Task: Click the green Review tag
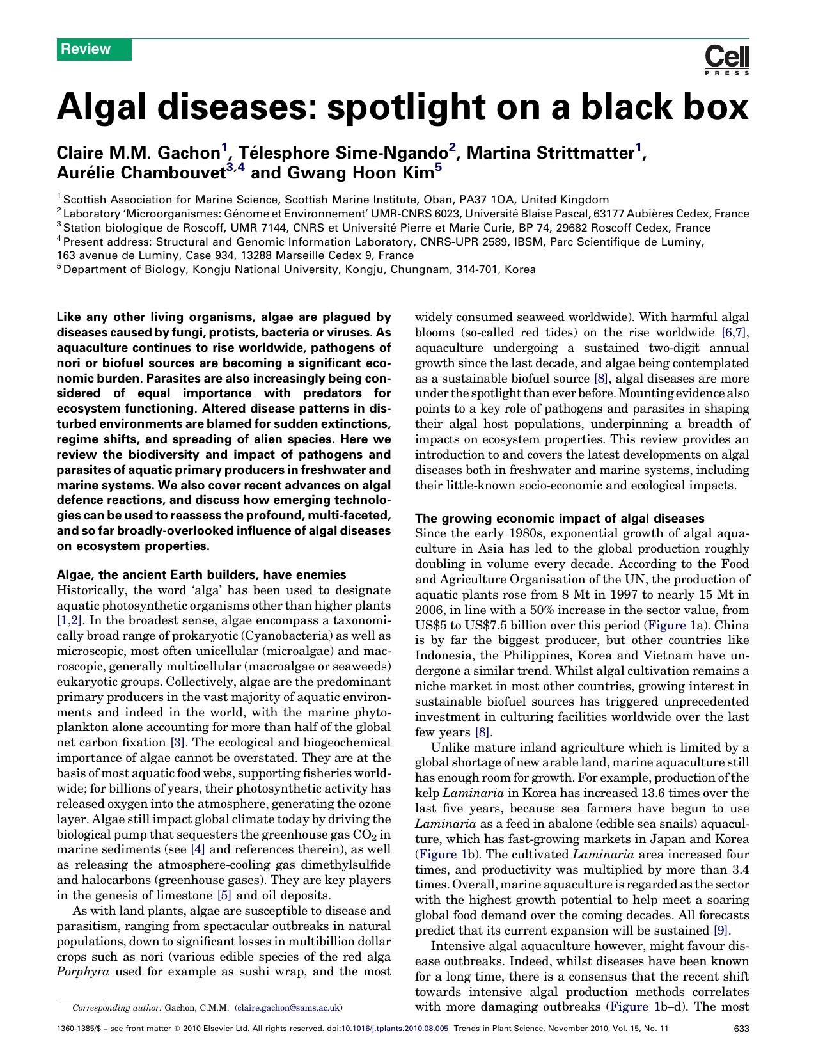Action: pyautogui.click(x=93, y=49)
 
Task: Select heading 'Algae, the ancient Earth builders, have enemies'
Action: pyautogui.click(x=201, y=574)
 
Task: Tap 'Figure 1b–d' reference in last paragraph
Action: pyautogui.click(x=645, y=1006)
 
